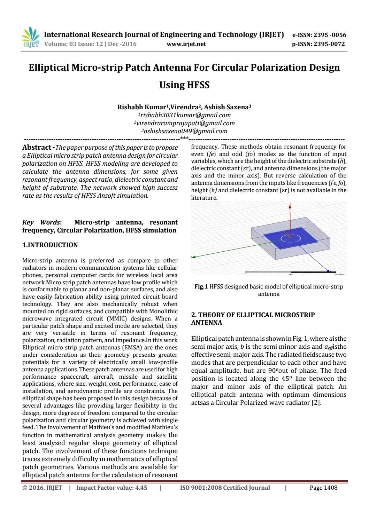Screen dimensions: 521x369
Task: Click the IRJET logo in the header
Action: click(31, 38)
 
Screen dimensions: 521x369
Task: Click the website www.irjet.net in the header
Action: click(186, 44)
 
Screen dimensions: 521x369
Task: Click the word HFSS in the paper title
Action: click(184, 85)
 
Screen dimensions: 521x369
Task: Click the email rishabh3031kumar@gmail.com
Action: click(184, 115)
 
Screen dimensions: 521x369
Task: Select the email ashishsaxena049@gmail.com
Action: click(184, 131)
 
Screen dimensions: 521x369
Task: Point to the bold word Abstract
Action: click(37, 148)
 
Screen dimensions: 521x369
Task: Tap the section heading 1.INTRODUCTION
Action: click(50, 245)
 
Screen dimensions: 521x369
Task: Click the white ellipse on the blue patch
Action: click(291, 238)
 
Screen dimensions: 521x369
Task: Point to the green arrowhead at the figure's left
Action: click(193, 257)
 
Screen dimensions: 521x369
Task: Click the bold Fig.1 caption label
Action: click(201, 287)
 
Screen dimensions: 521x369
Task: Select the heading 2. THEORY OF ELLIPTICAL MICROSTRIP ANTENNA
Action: click(253, 318)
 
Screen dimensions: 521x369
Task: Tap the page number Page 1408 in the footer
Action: click(323, 488)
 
